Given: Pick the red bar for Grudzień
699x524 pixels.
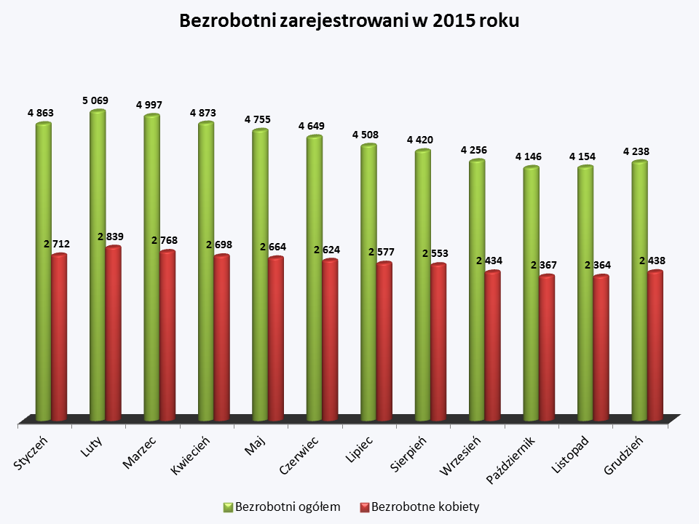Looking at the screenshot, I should [x=655, y=346].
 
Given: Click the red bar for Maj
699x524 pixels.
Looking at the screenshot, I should [x=276, y=338].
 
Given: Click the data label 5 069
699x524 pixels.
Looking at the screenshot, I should [x=95, y=100].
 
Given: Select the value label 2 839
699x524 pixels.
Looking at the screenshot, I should [x=111, y=236].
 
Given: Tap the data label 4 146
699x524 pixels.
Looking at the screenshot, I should [x=529, y=156].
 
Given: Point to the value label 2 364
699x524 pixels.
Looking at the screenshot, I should [x=598, y=265].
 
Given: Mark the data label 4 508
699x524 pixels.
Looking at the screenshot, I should [x=366, y=135].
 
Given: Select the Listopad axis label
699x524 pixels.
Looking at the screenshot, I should [x=570, y=456].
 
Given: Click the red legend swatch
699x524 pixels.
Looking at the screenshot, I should [x=365, y=507].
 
